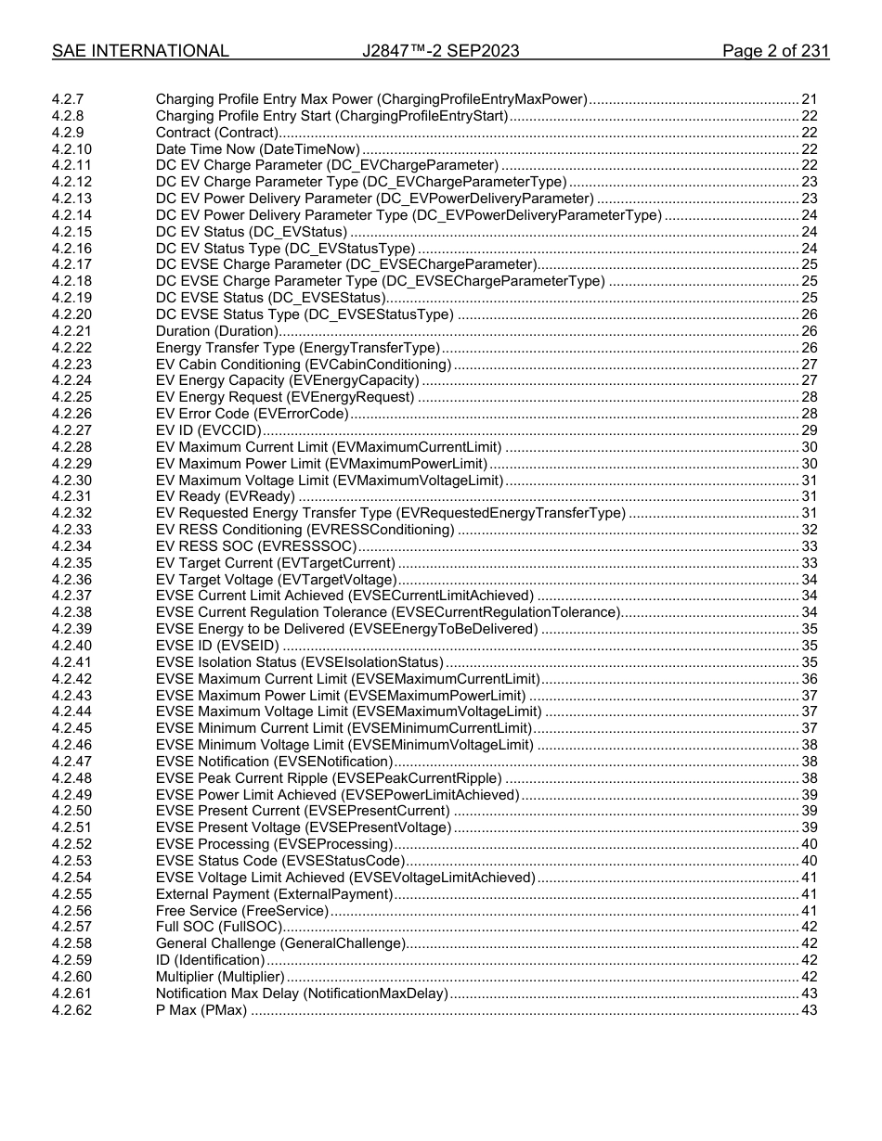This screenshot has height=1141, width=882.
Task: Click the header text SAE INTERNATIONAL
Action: coord(140,51)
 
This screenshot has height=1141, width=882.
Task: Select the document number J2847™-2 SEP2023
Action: coord(440,51)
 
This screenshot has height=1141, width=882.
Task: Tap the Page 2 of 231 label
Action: coord(775,51)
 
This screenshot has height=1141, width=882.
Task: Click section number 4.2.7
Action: coord(68,99)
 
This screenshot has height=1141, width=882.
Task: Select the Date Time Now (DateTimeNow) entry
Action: coord(257,149)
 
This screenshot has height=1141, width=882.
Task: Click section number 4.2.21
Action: coord(71,331)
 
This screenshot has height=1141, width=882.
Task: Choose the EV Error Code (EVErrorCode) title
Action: coord(252,414)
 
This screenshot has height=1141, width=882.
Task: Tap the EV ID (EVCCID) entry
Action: coord(209,430)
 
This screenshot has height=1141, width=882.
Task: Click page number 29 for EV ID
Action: coord(809,430)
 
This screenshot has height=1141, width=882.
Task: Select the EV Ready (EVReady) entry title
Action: coord(225,496)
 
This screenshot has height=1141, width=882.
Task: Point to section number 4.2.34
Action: coord(71,546)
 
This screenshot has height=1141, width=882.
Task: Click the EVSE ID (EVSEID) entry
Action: coord(216,646)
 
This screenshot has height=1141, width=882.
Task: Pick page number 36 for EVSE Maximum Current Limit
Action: coord(809,679)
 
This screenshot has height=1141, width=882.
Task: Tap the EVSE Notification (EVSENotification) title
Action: coord(274,762)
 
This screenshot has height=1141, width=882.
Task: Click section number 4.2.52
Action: coord(71,844)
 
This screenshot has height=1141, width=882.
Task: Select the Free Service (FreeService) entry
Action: coord(241,911)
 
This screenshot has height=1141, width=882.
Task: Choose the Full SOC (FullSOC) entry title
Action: coord(217,927)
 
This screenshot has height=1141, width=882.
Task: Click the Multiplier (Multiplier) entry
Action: coord(220,977)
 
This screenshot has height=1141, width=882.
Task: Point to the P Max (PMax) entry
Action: coord(201,1010)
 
